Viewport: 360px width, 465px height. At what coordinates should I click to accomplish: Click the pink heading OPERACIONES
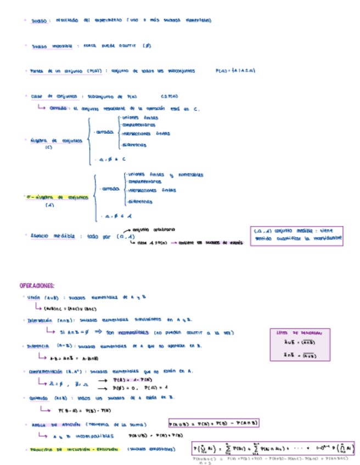click(x=37, y=286)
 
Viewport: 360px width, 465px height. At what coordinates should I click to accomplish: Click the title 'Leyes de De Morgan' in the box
click(x=296, y=333)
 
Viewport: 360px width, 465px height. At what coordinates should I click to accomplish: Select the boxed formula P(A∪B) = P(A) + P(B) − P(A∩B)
click(x=213, y=423)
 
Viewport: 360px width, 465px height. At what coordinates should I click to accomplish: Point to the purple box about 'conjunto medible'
click(x=296, y=236)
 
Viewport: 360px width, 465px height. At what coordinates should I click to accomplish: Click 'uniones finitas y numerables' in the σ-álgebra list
click(x=165, y=175)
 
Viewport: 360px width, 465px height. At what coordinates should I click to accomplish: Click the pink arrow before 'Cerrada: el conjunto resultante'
click(x=42, y=108)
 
